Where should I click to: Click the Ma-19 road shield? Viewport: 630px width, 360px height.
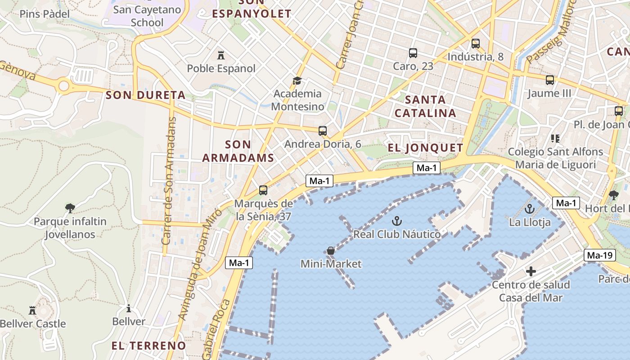click(x=600, y=256)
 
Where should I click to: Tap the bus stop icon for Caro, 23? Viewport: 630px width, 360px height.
click(x=413, y=53)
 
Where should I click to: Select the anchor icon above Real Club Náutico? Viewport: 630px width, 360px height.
click(x=396, y=220)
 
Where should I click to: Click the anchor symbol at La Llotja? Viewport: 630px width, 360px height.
click(x=530, y=209)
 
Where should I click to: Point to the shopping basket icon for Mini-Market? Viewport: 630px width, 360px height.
click(x=331, y=251)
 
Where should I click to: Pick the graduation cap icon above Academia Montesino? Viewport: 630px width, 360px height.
click(x=297, y=81)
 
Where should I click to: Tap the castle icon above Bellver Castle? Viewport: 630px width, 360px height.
click(x=32, y=310)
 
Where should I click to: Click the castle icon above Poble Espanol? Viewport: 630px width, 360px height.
click(x=221, y=55)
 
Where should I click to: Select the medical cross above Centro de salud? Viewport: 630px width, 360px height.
click(x=531, y=271)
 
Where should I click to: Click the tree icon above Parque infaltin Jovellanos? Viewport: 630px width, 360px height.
click(x=70, y=208)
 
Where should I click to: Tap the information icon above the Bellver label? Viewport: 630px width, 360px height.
click(x=129, y=308)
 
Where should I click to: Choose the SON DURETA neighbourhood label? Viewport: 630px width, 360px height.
click(x=145, y=95)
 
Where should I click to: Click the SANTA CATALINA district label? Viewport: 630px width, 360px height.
click(x=425, y=106)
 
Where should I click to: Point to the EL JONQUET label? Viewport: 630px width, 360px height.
click(x=425, y=148)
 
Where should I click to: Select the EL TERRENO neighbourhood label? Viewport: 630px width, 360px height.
click(x=148, y=346)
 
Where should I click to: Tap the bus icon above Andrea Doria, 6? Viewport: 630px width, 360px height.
click(x=323, y=131)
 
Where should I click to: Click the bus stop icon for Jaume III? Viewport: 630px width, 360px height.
click(x=549, y=80)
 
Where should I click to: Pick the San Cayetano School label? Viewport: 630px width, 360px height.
click(x=147, y=16)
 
